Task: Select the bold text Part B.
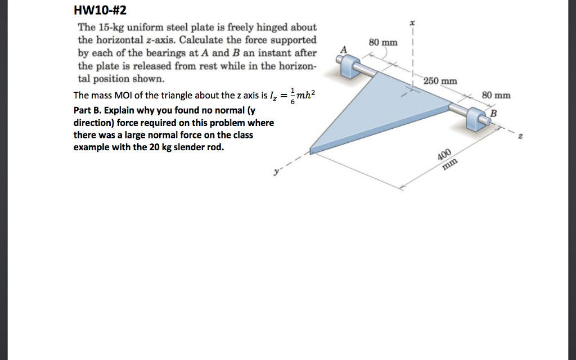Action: pyautogui.click(x=88, y=109)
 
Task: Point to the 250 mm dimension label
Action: pyautogui.click(x=440, y=81)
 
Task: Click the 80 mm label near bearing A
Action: pyautogui.click(x=383, y=43)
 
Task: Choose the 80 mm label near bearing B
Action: pyautogui.click(x=496, y=95)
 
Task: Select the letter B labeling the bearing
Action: pyautogui.click(x=494, y=115)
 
